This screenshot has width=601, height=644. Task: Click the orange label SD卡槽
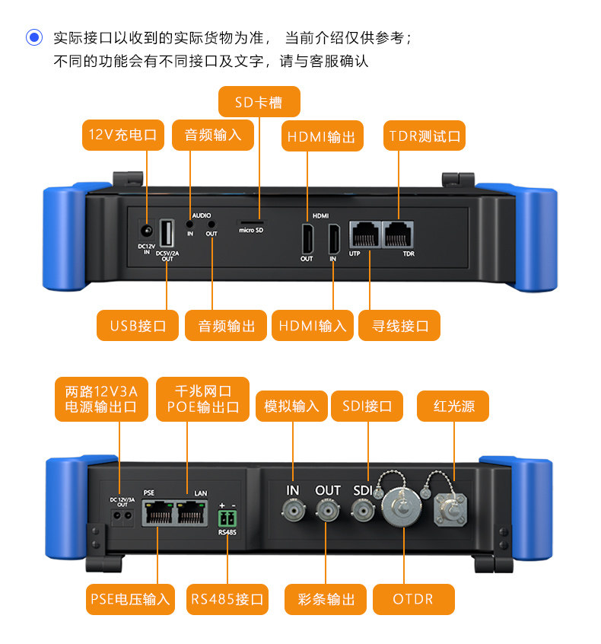[259, 102]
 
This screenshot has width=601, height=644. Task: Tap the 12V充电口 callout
[122, 135]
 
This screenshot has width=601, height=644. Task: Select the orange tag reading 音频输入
[212, 135]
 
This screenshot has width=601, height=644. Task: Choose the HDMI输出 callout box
[321, 136]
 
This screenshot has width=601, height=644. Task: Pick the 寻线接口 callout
[400, 326]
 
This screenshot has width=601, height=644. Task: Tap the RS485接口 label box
[227, 599]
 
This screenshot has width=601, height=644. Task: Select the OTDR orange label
[413, 599]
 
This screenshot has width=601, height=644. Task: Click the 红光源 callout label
[453, 406]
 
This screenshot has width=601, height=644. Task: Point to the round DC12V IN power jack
[146, 229]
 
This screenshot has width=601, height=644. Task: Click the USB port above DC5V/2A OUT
[167, 234]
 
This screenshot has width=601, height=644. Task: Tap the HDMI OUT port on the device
[307, 238]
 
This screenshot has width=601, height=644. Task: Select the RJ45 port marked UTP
[364, 234]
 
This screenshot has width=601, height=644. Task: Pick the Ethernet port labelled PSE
[157, 515]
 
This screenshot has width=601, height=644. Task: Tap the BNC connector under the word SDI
[362, 510]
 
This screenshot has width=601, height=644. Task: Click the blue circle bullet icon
[34, 37]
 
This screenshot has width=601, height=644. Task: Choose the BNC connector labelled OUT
[328, 509]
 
